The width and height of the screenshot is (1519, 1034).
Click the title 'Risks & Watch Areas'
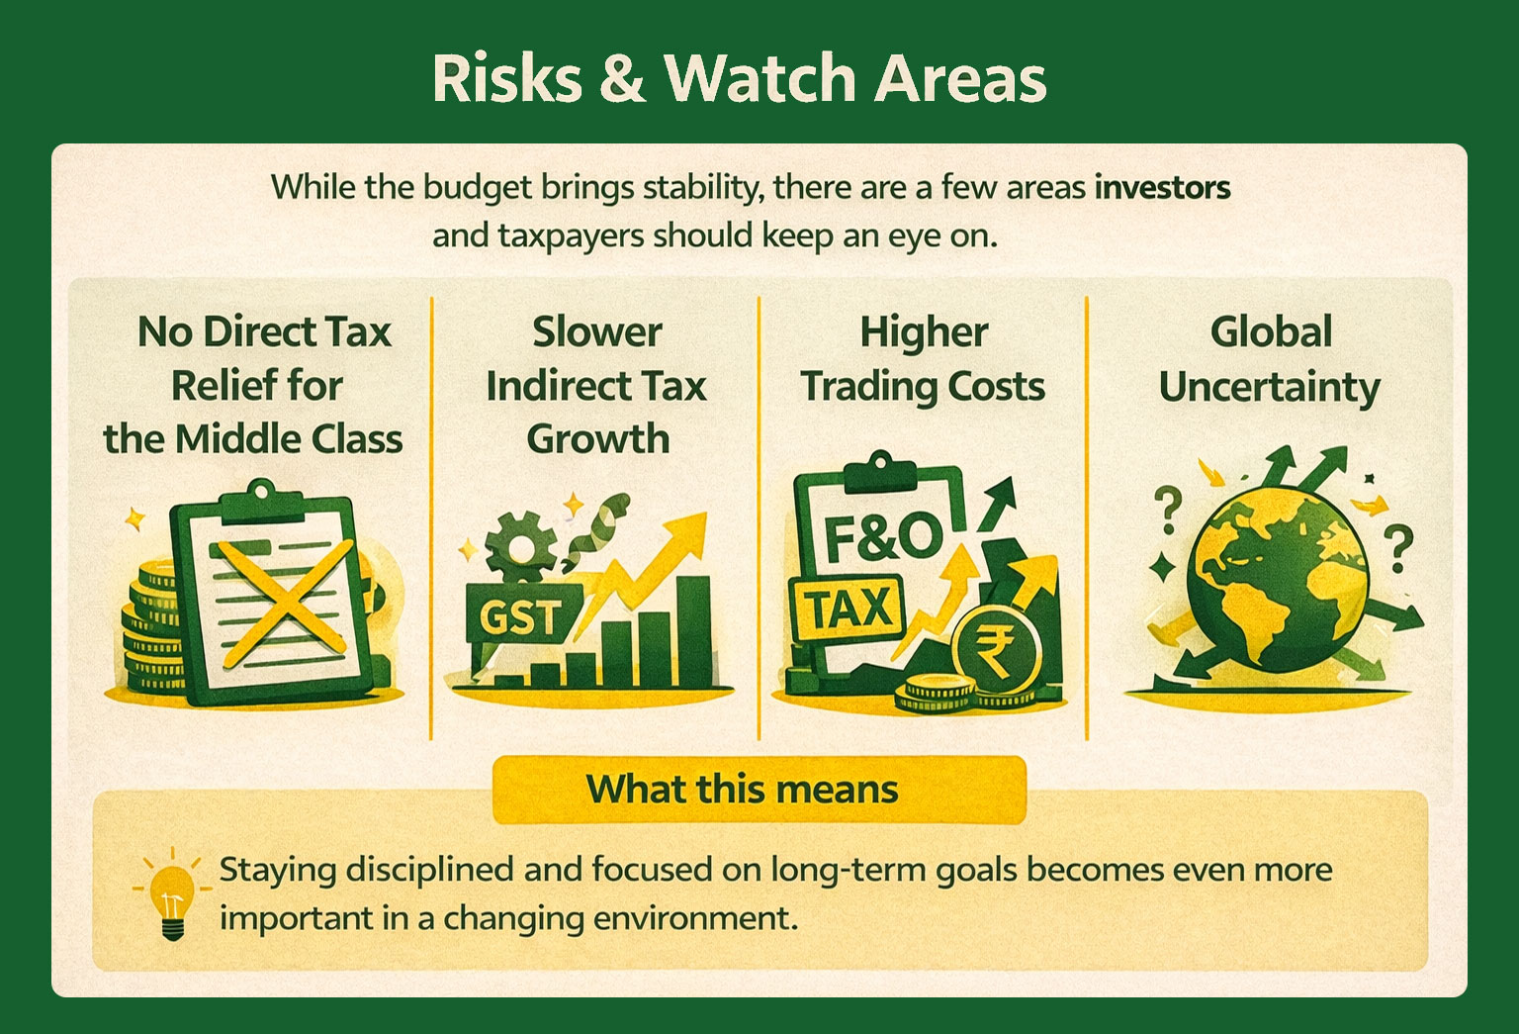click(739, 78)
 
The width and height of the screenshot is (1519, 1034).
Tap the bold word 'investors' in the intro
click(1162, 187)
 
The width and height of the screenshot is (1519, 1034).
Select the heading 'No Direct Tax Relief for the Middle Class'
click(254, 385)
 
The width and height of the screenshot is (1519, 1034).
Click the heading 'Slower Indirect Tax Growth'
click(596, 385)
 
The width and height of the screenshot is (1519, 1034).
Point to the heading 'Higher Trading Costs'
click(923, 359)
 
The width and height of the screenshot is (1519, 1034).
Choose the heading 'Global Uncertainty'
click(1270, 359)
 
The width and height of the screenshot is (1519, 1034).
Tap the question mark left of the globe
click(1168, 510)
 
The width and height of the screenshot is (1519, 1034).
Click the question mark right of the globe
click(1397, 549)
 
